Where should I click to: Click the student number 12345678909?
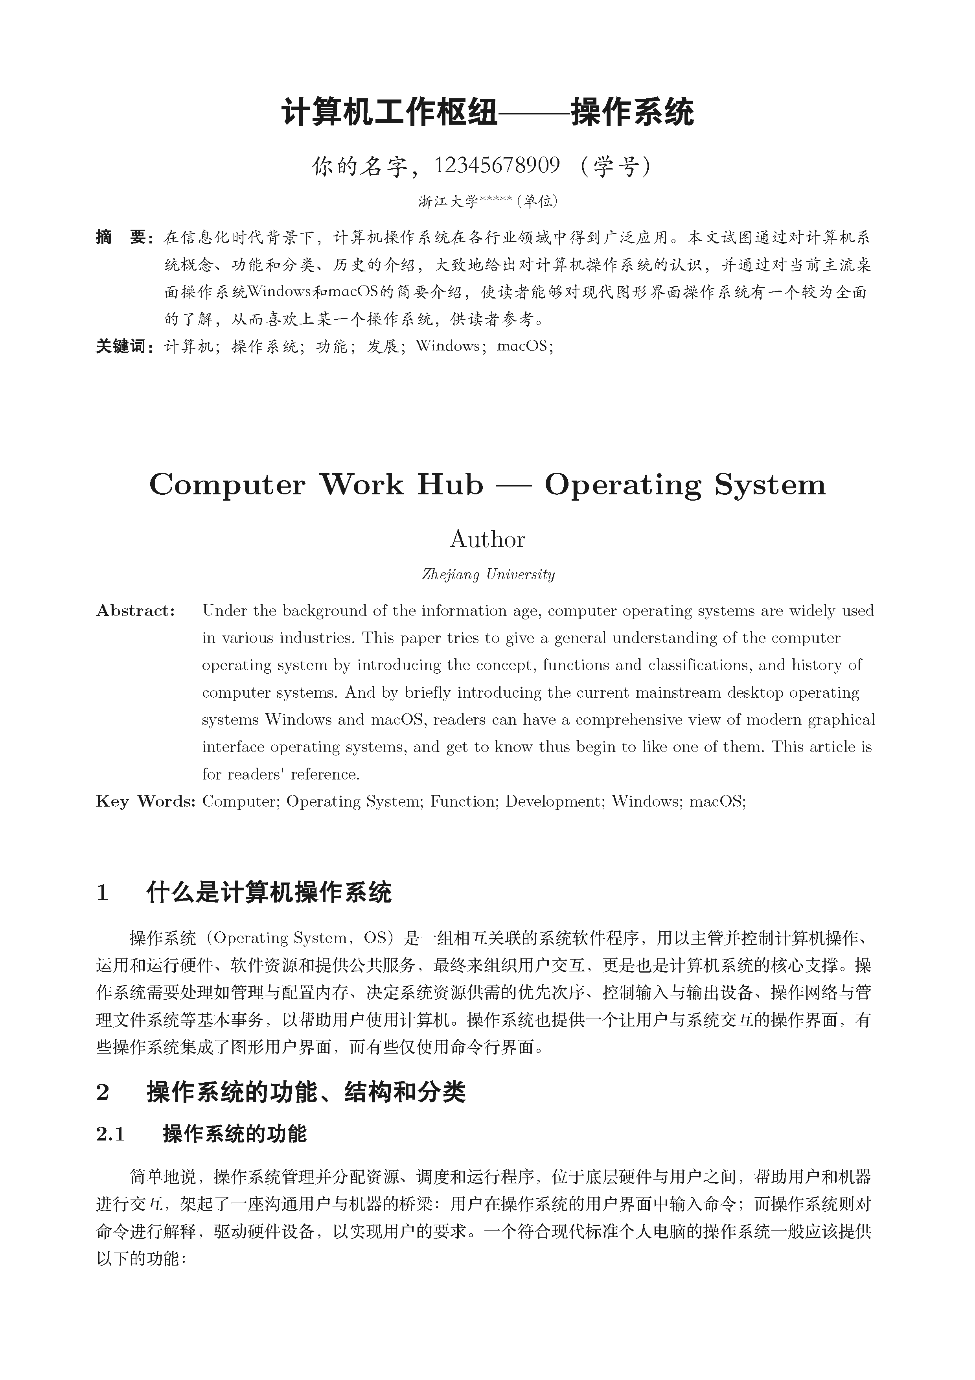point(497,165)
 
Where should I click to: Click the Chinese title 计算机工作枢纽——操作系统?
point(487,112)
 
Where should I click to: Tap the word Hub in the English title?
point(450,485)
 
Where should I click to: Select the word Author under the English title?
point(487,539)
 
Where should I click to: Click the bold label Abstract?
point(136,611)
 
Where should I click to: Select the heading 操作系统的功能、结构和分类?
point(306,1093)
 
